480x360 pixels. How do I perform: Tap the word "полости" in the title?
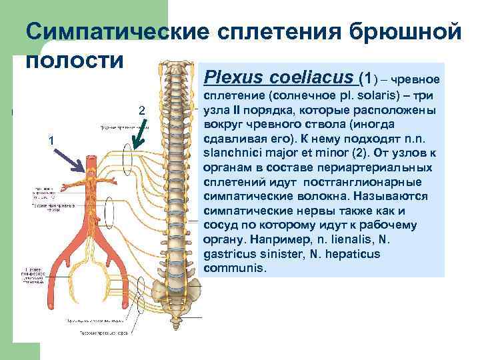[x=75, y=60]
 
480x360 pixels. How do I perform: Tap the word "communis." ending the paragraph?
[x=239, y=269]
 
